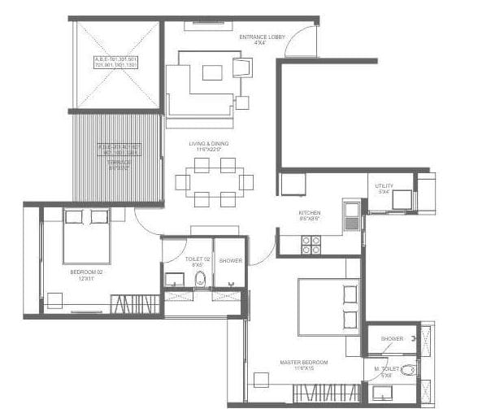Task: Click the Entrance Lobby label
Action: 259,38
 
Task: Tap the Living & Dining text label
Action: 209,144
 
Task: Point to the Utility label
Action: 385,187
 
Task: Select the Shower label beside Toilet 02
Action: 230,260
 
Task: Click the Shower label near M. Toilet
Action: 392,338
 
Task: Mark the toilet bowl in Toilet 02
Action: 200,279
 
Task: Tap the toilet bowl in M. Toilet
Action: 408,371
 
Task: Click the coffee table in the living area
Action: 212,72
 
